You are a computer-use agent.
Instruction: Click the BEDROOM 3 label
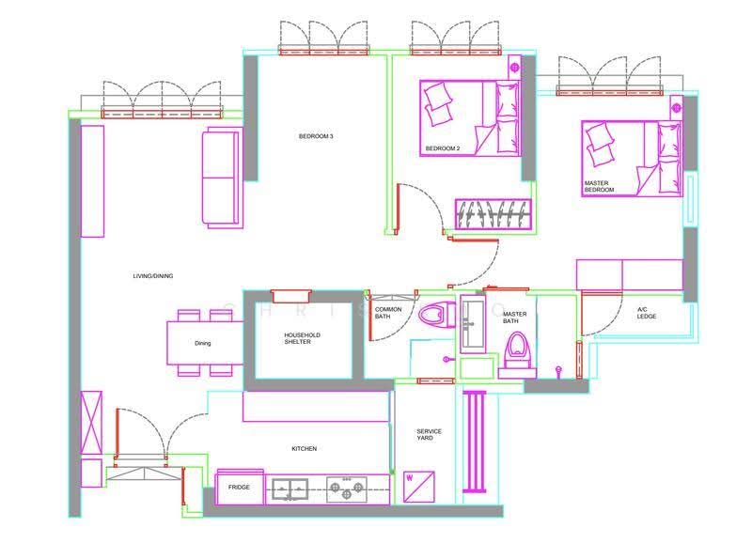[x=316, y=136]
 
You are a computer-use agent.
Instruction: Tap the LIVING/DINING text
[x=153, y=276]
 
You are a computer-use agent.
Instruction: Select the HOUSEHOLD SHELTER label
[x=302, y=338]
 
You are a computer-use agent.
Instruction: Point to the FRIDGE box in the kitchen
[x=240, y=488]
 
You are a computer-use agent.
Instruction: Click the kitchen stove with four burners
[x=347, y=489]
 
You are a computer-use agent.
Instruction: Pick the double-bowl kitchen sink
[x=290, y=489]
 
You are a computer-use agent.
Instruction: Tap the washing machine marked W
[x=418, y=487]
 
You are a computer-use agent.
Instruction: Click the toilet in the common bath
[x=437, y=315]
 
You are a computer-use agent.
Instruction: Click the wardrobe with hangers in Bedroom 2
[x=493, y=214]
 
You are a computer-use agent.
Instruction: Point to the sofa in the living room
[x=222, y=178]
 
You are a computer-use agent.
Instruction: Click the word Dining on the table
[x=202, y=343]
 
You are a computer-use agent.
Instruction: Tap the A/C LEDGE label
[x=647, y=313]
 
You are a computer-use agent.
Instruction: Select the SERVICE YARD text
[x=429, y=435]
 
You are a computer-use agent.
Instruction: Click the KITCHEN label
[x=304, y=449]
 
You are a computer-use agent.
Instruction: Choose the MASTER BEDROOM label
[x=599, y=186]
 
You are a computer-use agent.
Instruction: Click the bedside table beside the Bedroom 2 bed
[x=514, y=68]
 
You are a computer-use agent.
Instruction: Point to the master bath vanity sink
[x=473, y=324]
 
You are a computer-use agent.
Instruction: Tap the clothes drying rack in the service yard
[x=475, y=442]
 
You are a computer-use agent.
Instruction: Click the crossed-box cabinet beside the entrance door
[x=91, y=423]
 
